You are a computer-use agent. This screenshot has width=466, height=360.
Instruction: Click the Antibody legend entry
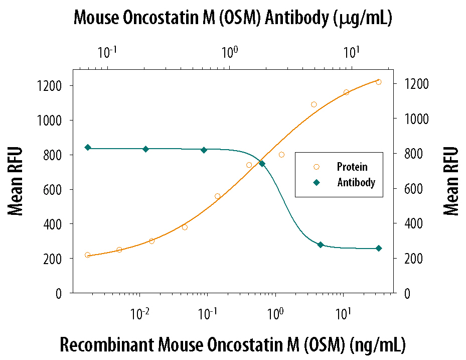pos(356,182)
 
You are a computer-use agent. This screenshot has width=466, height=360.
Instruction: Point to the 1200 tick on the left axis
pos(50,86)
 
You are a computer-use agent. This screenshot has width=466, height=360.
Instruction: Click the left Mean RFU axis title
pos(16,181)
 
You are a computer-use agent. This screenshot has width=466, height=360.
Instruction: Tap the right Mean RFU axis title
pos(451,181)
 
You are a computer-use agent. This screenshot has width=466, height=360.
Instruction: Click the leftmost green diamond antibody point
pos(88,147)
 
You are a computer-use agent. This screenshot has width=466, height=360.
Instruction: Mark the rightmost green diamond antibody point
pos(379,248)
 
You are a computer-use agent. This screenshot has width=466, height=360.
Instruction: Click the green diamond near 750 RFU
pos(262,163)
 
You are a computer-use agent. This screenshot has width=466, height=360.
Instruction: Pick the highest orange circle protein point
pos(379,82)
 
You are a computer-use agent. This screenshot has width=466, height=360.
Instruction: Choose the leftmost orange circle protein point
pos(88,255)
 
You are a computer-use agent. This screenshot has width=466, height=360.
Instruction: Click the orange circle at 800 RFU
pos(281,155)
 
